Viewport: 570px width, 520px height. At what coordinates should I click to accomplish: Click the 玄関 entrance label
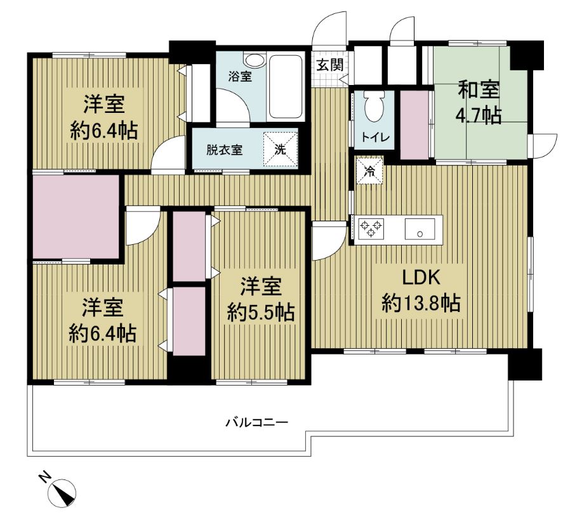click(x=329, y=65)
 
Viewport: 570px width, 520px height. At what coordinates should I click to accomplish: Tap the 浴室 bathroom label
click(x=240, y=77)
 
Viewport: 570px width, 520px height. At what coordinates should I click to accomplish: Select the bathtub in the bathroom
click(x=286, y=86)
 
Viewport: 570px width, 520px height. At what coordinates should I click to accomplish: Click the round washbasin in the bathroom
click(x=255, y=60)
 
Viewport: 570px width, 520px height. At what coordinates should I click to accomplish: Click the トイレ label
click(x=375, y=137)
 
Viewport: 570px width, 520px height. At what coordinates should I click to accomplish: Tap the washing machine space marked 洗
click(x=280, y=149)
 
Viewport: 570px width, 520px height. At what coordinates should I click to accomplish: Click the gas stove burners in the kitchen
click(x=371, y=228)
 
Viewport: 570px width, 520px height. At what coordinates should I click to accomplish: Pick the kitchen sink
click(x=420, y=229)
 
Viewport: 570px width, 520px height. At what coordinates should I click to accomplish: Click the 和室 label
click(x=479, y=90)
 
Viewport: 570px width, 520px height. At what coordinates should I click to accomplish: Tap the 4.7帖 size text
click(x=479, y=116)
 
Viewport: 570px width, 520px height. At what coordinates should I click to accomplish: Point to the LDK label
click(x=421, y=277)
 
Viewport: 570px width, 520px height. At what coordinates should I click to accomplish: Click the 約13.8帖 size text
click(x=421, y=303)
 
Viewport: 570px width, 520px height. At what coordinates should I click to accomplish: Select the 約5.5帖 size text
click(x=261, y=312)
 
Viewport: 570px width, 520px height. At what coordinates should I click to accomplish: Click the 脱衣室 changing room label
click(x=224, y=150)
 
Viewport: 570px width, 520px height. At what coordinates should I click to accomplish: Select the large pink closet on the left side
click(x=76, y=217)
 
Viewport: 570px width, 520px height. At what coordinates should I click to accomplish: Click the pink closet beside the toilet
click(x=414, y=124)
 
